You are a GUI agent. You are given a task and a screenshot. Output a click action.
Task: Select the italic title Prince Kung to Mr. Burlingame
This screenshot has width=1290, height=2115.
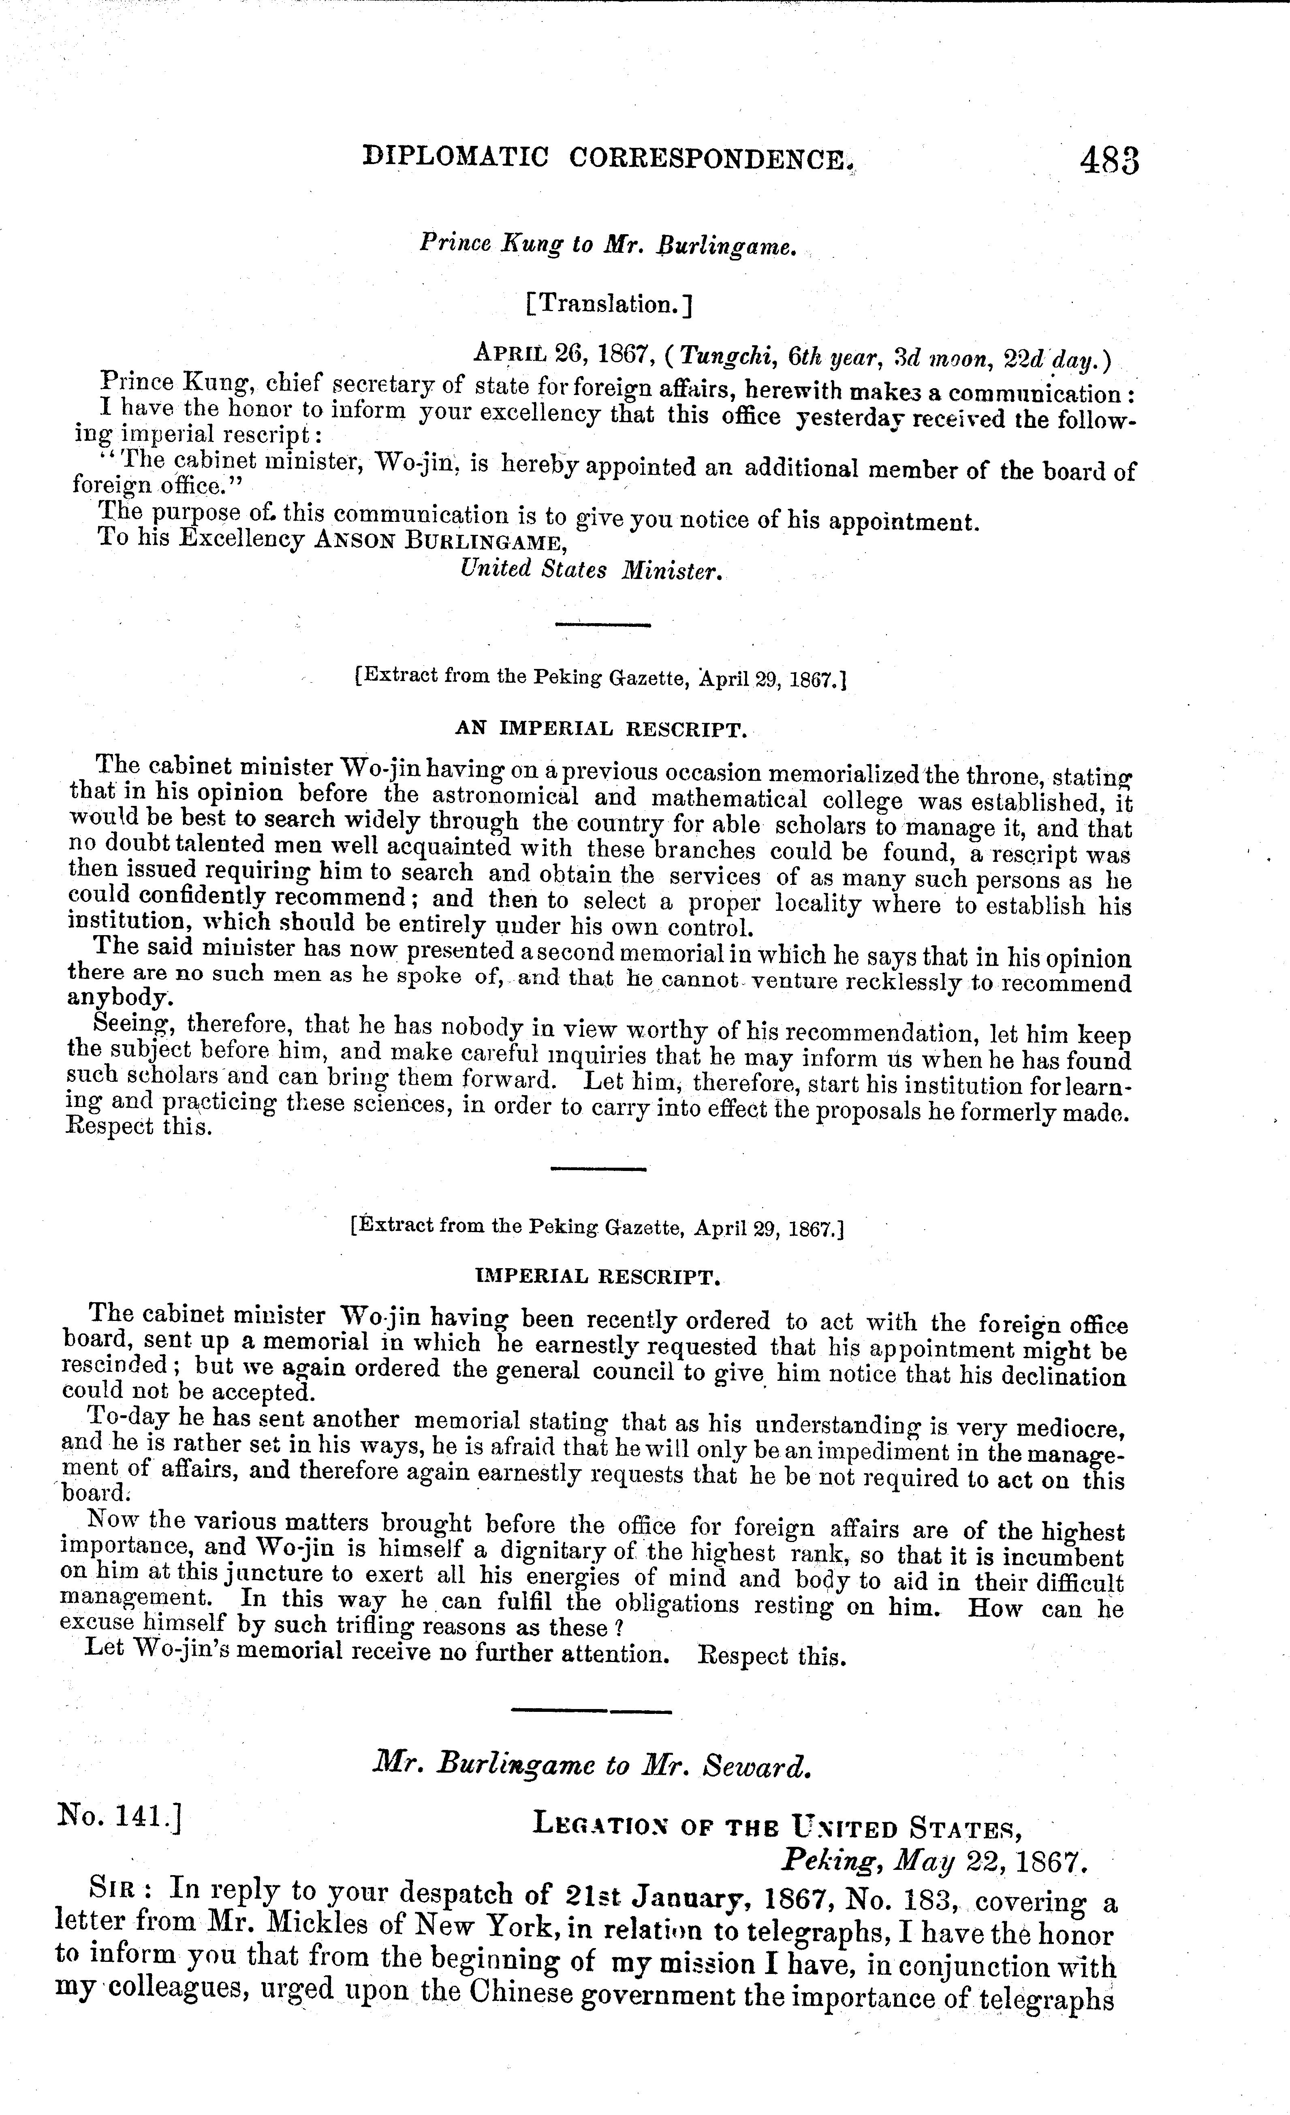609,245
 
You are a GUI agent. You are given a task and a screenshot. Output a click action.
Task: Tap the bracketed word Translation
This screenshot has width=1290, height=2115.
609,304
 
